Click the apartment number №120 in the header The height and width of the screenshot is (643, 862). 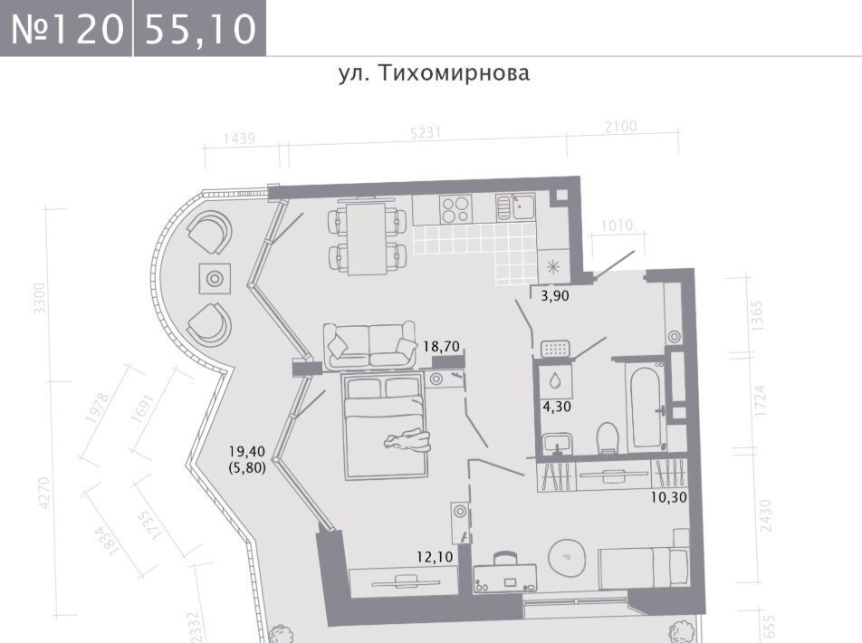(67, 29)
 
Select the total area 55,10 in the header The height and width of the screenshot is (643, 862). (201, 29)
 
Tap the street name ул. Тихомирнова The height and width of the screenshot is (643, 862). (434, 73)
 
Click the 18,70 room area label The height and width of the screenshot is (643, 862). (441, 346)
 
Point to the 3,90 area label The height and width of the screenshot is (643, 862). (555, 296)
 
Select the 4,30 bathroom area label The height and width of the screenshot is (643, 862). (557, 407)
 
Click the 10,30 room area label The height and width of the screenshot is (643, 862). (668, 497)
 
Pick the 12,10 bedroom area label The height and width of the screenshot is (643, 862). (435, 557)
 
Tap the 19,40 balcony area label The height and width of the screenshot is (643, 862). (247, 452)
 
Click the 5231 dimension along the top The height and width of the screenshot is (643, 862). (426, 133)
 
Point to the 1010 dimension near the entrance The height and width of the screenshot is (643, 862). (617, 225)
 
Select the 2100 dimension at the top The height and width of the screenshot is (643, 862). (620, 127)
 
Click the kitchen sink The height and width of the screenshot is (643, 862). (515, 206)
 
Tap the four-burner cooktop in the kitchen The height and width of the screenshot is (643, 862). (455, 209)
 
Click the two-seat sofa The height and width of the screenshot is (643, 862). (369, 345)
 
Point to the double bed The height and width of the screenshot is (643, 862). (385, 427)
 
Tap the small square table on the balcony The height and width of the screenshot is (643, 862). (215, 279)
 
